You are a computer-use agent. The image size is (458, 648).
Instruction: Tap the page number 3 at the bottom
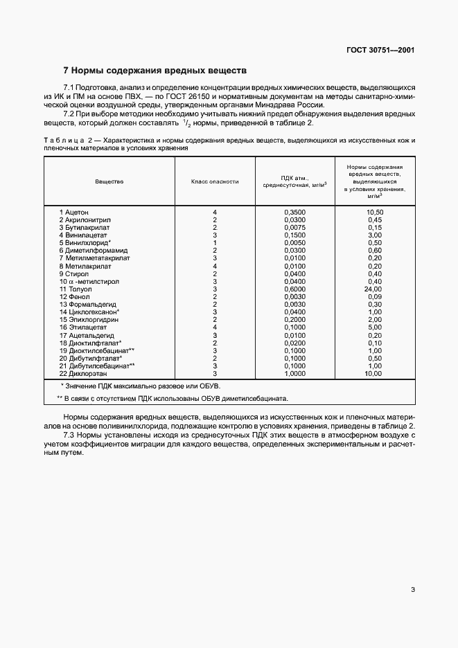tap(413, 590)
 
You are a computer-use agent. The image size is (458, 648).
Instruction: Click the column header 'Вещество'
tap(109, 181)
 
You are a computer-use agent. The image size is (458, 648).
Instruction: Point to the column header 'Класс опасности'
tap(215, 181)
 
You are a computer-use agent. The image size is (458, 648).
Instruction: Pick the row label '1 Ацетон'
tap(74, 211)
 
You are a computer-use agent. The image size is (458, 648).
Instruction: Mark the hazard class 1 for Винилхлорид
tap(215, 242)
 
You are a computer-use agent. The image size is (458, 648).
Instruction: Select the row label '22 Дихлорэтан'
tap(81, 373)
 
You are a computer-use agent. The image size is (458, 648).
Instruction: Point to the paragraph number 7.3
tap(70, 435)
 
